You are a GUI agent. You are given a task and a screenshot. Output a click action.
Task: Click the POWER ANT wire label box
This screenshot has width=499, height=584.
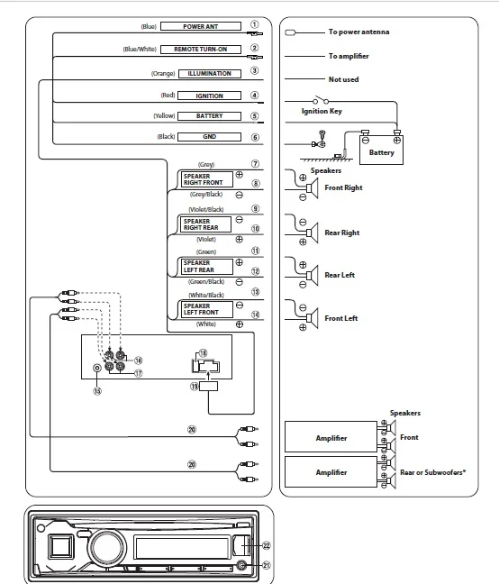coord(201,26)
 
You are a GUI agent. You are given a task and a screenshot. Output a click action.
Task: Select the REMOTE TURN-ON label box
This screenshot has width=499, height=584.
coord(201,50)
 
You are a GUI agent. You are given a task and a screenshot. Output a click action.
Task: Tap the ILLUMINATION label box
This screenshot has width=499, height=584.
coord(210,73)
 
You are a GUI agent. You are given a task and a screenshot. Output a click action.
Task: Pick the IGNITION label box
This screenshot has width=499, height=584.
coord(209,96)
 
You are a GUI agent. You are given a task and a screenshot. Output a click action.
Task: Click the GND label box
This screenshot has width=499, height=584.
coord(209,137)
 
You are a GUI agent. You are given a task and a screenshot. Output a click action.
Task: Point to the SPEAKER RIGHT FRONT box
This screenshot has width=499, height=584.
coord(206,179)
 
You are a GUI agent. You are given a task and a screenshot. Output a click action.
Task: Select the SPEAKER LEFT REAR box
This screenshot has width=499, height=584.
coord(206,266)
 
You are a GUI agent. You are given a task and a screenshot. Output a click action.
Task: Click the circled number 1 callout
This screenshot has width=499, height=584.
coord(255,24)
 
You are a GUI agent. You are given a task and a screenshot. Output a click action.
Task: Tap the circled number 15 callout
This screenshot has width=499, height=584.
coord(97,391)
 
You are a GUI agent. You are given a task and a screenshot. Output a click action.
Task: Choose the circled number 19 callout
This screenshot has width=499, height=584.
coord(195,387)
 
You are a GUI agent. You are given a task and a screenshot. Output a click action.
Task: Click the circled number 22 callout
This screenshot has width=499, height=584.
coord(267,545)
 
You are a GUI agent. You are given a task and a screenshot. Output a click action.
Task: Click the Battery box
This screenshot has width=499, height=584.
coord(381,151)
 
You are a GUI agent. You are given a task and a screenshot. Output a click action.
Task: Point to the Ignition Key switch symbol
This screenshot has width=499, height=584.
coord(321,100)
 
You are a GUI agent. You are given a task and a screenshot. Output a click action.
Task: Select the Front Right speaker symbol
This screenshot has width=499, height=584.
coord(313,188)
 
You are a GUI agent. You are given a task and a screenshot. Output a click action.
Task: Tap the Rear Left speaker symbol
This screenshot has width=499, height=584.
coord(313,276)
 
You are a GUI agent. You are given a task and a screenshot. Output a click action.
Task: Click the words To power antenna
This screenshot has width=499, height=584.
coord(358,32)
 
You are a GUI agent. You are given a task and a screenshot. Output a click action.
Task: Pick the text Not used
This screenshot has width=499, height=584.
coord(343,79)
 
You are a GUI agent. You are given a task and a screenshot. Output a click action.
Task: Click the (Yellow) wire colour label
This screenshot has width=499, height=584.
coord(164,116)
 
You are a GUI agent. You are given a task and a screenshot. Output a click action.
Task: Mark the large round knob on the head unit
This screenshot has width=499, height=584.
coord(107,547)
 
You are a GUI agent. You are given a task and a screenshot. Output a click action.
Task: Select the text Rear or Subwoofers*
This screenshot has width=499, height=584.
coord(432,472)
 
